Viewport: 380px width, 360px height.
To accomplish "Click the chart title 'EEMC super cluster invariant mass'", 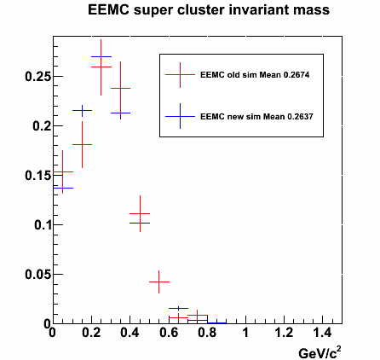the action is (x=209, y=10).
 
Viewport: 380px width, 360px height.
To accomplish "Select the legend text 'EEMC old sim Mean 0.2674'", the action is (x=255, y=75).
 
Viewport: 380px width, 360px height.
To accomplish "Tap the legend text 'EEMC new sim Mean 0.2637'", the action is (x=256, y=117).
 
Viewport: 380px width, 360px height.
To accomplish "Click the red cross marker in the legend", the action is (x=180, y=75).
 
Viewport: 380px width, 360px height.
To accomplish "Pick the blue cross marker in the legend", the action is (x=180, y=116).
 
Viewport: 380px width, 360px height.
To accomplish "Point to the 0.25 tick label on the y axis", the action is (x=37, y=77).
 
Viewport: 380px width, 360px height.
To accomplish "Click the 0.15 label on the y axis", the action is (x=37, y=176).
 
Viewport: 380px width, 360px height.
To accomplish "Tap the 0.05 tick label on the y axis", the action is (x=37, y=275).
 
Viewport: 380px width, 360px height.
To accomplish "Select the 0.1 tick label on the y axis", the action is (x=43, y=225).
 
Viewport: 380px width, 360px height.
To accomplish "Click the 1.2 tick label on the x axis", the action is (x=285, y=332).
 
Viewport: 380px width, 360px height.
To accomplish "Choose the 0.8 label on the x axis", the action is (x=207, y=332).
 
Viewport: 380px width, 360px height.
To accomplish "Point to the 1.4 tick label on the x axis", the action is (x=323, y=332).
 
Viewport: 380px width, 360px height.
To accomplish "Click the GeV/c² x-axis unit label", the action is (x=320, y=352).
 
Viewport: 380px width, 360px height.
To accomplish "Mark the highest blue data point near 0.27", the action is (x=101, y=56).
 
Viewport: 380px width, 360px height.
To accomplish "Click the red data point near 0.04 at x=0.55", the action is (x=158, y=282).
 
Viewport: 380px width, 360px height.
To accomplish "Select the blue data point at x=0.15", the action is (x=82, y=110).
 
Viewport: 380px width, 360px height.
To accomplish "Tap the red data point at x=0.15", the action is (x=82, y=144).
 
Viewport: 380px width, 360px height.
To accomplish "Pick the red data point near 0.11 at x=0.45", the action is (x=140, y=213).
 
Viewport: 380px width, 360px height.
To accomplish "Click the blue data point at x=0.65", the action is (x=178, y=308).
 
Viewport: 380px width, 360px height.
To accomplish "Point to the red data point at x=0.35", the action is (x=120, y=88).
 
